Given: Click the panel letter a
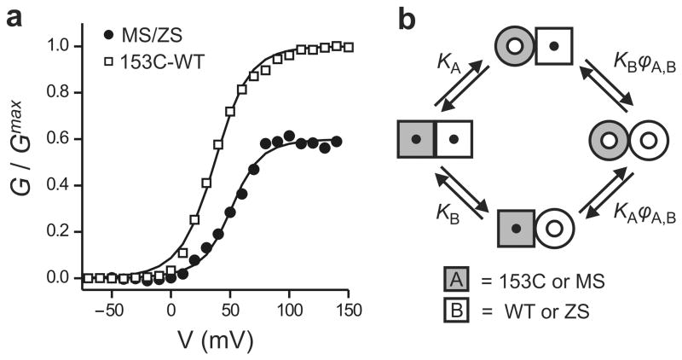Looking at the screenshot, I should pos(14,18).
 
